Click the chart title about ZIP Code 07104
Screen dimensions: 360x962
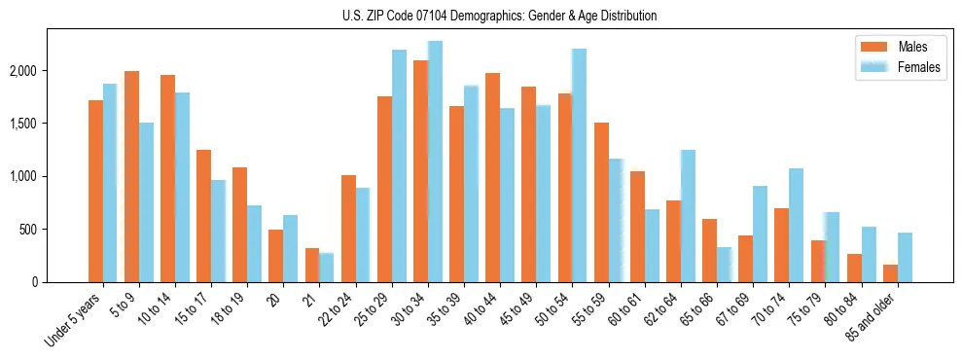500,16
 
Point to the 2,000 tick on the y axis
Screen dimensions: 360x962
22,71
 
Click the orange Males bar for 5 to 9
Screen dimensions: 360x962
131,176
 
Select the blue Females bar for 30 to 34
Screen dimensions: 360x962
435,162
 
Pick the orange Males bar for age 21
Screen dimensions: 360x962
312,265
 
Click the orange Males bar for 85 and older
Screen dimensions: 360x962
890,273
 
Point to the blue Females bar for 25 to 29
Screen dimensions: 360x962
399,165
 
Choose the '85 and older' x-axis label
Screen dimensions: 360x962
872,317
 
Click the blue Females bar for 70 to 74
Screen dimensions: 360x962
796,225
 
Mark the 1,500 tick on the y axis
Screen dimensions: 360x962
22,124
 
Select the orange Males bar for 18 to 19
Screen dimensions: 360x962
239,225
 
